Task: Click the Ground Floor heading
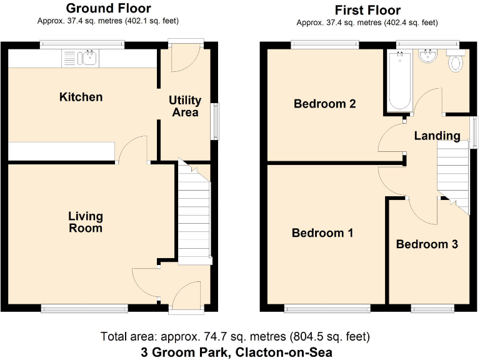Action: (x=108, y=8)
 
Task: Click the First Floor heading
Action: (x=367, y=10)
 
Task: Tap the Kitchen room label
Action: (x=81, y=97)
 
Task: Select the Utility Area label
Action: (x=185, y=106)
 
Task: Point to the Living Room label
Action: (x=86, y=222)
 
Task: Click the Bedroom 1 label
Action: (x=322, y=233)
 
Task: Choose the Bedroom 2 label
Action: (x=325, y=104)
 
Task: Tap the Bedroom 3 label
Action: (x=427, y=244)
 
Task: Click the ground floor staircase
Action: (x=192, y=212)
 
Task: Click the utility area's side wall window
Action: (x=216, y=120)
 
